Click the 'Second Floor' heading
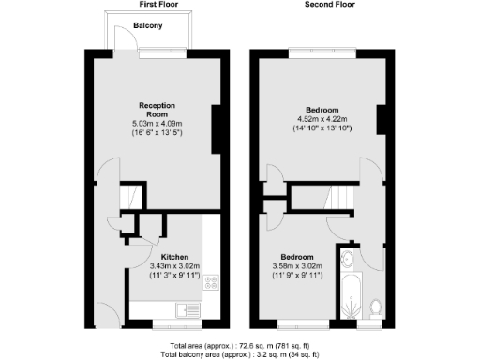click(329, 6)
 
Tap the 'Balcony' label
click(147, 25)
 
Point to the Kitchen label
click(175, 257)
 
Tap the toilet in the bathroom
click(375, 307)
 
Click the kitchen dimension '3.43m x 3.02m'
click(175, 267)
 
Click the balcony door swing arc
click(123, 40)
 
